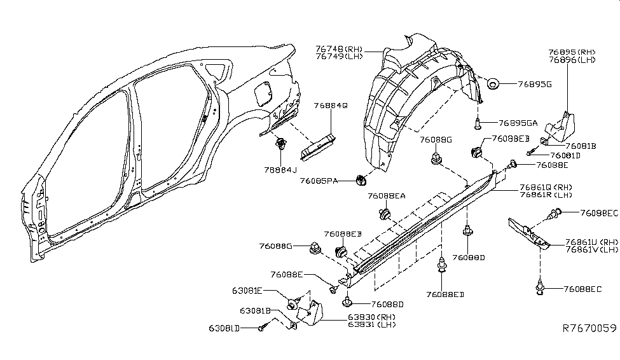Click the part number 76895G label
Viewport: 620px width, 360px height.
click(535, 83)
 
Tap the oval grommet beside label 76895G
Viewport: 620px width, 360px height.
click(493, 83)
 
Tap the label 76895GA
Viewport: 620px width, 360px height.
click(518, 123)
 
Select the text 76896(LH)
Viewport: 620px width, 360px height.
click(572, 60)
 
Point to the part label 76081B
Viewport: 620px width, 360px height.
click(577, 146)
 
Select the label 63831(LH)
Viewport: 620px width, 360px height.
click(371, 324)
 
